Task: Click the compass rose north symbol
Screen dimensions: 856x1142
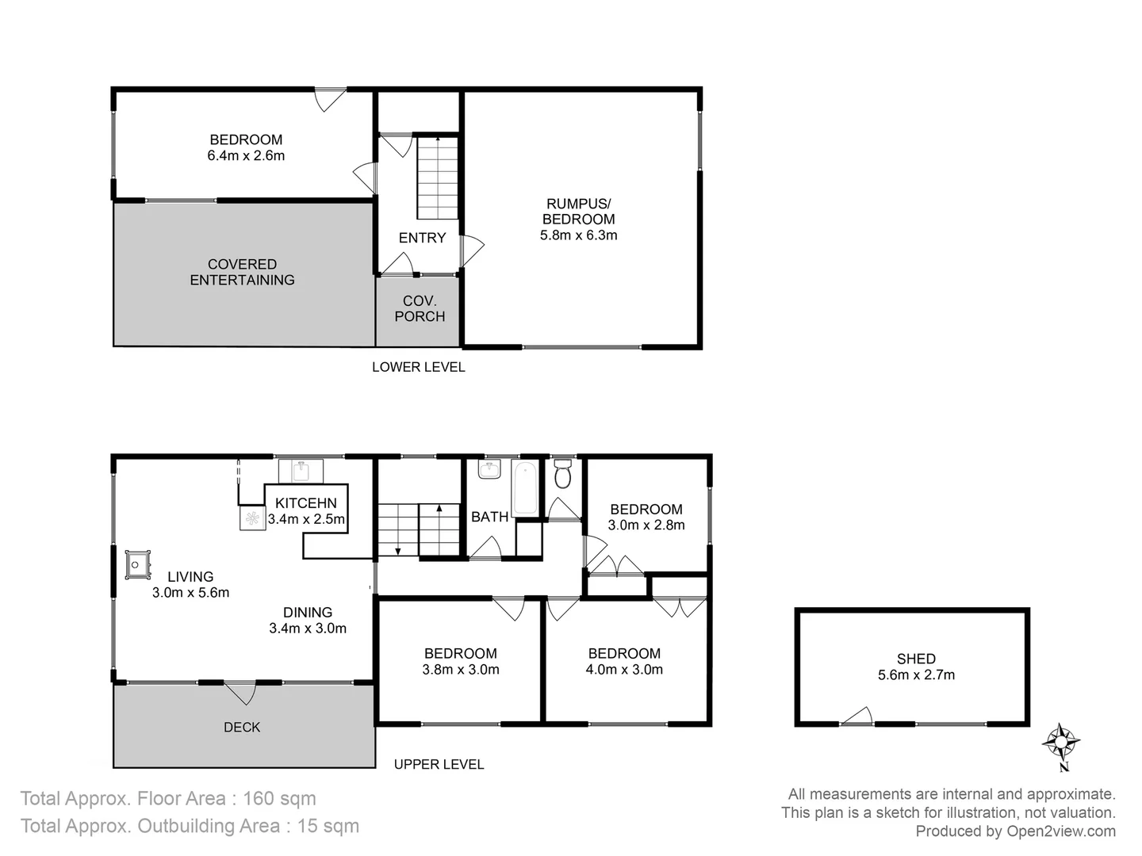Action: click(x=1060, y=743)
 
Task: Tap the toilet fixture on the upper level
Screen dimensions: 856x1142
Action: click(x=563, y=475)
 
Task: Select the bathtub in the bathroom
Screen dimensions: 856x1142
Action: click(x=524, y=489)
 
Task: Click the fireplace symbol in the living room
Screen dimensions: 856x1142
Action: click(x=136, y=564)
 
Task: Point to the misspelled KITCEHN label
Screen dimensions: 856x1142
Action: click(x=306, y=503)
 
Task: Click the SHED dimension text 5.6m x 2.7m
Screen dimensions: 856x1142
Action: click(x=916, y=675)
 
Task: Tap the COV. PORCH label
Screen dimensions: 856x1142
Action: click(x=420, y=308)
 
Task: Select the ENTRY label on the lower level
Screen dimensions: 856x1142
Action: click(x=422, y=238)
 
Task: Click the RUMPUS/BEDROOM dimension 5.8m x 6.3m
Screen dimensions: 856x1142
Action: click(x=578, y=235)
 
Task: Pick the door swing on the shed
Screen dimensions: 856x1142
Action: click(x=856, y=717)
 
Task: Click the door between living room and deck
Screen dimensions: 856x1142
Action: click(x=240, y=691)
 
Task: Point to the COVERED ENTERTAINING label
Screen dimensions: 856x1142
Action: click(x=242, y=272)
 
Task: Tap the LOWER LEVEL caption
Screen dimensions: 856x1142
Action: click(x=418, y=367)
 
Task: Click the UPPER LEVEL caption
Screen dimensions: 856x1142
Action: click(x=439, y=764)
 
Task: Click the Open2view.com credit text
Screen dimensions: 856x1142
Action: click(x=1061, y=831)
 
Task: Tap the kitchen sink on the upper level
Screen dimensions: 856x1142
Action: click(x=301, y=471)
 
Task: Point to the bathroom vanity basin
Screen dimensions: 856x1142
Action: click(x=489, y=470)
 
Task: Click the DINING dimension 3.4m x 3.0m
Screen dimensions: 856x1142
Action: click(x=308, y=629)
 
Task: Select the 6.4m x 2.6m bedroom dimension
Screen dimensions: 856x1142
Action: click(x=246, y=156)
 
